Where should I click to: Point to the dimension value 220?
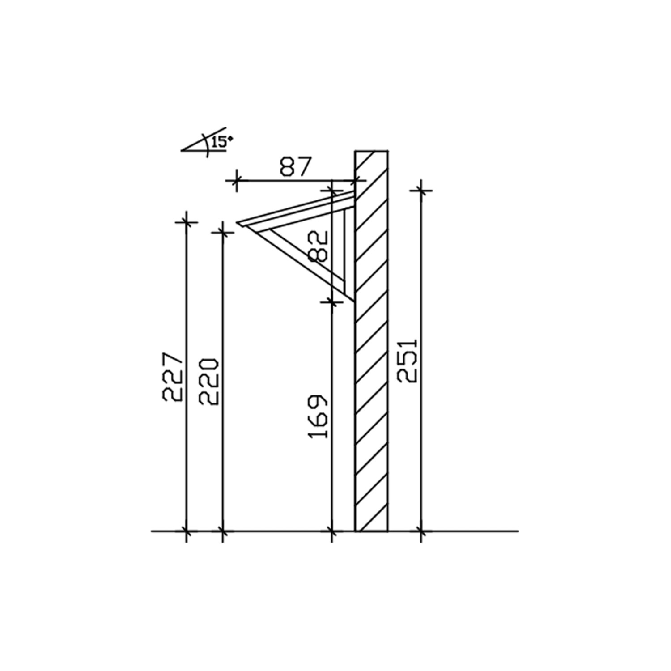coord(209,381)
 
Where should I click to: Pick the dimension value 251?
coord(408,360)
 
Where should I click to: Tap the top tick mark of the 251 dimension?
coord(421,191)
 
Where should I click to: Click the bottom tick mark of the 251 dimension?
coord(421,531)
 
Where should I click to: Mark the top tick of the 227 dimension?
coord(186,222)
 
